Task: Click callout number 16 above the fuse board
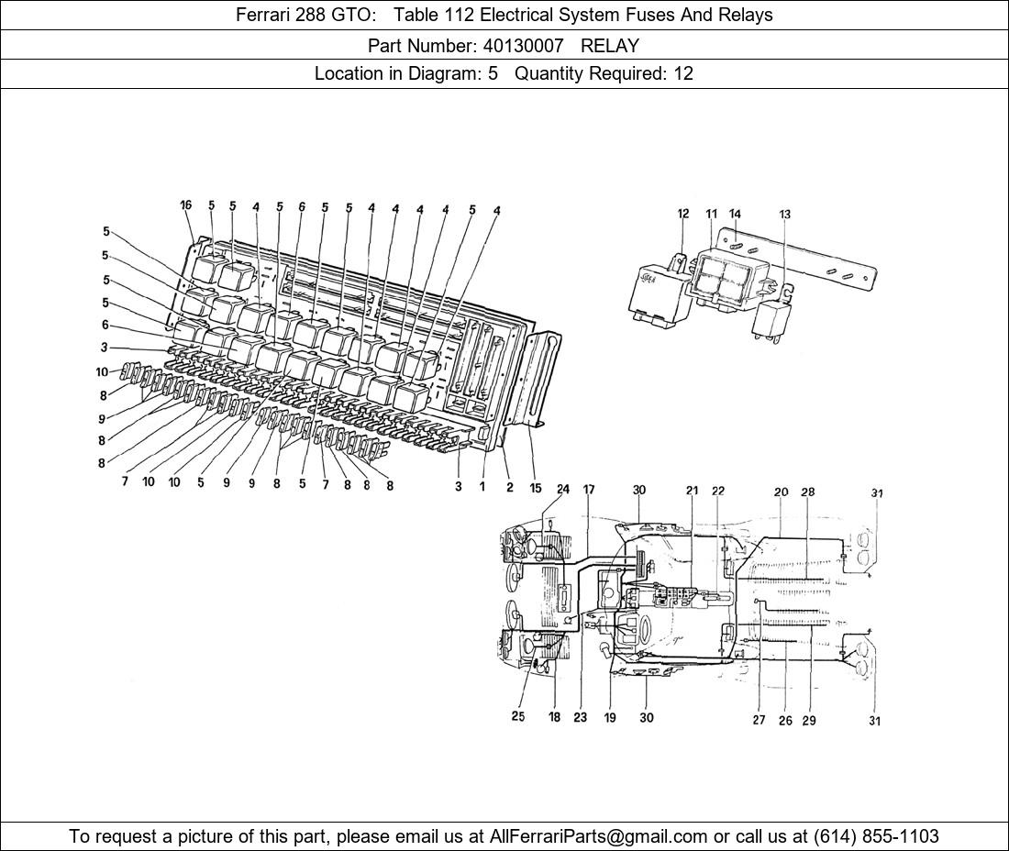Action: [186, 205]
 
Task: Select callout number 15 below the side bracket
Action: [536, 487]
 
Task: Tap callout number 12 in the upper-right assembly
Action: [683, 214]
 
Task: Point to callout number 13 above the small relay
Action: [785, 215]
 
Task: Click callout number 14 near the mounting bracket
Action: [735, 214]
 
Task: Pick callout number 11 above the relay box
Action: [711, 214]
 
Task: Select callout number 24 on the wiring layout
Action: [563, 490]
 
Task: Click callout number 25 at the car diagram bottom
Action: [518, 717]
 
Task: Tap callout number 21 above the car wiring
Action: [693, 492]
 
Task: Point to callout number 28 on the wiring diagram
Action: [807, 492]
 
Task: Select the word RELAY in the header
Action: [610, 45]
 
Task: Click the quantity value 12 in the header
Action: [683, 73]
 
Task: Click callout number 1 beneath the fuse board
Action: [482, 487]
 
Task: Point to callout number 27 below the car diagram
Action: [759, 720]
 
